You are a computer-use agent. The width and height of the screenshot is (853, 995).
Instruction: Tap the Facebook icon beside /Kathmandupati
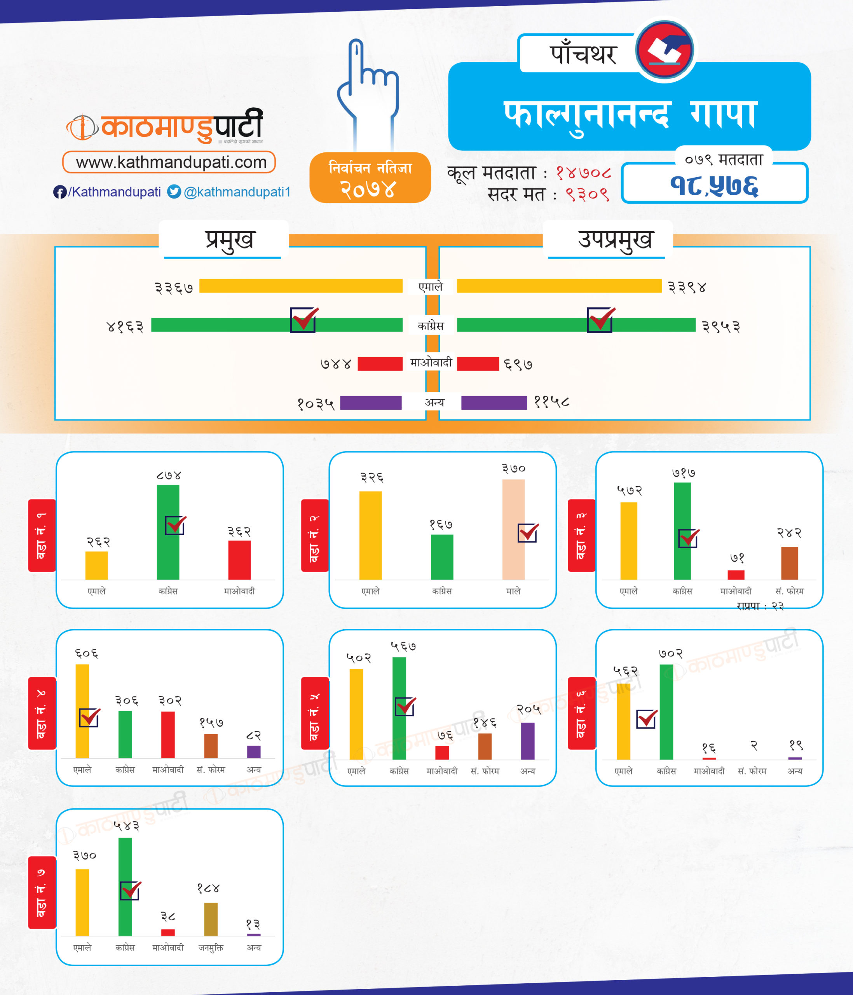click(x=59, y=192)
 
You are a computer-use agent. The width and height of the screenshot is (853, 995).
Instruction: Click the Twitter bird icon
click(x=174, y=192)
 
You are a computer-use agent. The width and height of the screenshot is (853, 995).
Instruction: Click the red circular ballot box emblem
click(x=665, y=49)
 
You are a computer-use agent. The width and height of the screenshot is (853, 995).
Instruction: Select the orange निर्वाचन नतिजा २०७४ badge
click(x=370, y=178)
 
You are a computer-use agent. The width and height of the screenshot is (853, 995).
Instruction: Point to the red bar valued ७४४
click(x=380, y=363)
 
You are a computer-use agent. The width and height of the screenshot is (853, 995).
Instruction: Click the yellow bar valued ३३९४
click(x=559, y=286)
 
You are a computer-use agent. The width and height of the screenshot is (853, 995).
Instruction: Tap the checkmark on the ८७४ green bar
click(x=175, y=525)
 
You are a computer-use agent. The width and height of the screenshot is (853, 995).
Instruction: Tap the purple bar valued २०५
click(x=528, y=741)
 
